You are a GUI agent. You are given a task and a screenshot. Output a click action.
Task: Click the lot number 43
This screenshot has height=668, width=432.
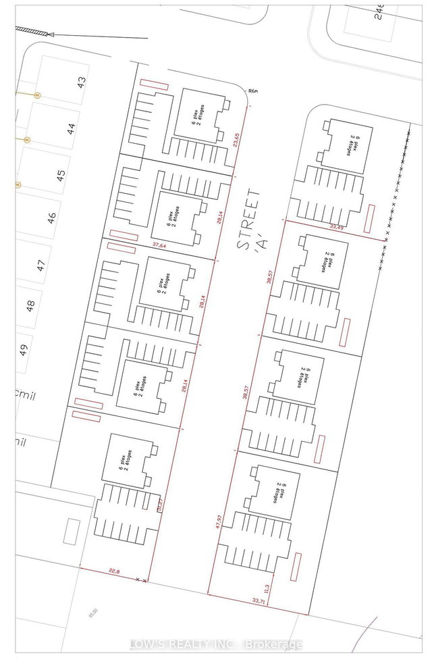click(82, 83)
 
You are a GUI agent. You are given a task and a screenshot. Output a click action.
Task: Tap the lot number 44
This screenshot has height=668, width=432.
click(72, 128)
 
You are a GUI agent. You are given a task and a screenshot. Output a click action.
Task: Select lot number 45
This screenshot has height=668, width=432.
click(61, 175)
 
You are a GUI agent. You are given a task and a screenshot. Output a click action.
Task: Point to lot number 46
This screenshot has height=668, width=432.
click(51, 218)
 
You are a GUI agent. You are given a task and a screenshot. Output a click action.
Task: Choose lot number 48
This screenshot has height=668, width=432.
click(30, 306)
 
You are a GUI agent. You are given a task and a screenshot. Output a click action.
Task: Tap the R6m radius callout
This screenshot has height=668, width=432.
click(253, 91)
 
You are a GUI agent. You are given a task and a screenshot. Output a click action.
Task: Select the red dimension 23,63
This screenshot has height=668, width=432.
click(236, 139)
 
